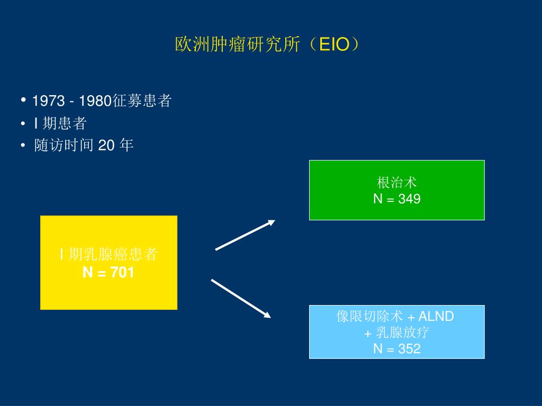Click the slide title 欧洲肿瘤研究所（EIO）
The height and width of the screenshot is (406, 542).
pos(270,44)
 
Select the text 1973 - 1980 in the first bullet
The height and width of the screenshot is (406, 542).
pos(71,101)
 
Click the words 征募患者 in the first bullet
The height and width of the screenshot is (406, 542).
pos(141,101)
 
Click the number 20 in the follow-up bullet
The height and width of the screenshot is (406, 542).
pos(106,145)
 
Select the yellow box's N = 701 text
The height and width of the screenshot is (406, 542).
pos(109,272)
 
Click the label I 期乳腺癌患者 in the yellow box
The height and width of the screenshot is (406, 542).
pos(109,255)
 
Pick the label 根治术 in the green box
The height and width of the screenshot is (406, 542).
pos(397,183)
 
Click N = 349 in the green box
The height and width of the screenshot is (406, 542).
pos(397,199)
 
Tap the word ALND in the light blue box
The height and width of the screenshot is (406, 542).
pos(436,317)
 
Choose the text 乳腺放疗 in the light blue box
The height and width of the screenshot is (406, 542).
pos(402,333)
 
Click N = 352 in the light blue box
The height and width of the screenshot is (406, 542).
pos(397,348)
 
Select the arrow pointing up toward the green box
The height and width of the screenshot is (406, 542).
pos(245,234)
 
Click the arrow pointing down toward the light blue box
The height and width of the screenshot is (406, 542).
pos(241,299)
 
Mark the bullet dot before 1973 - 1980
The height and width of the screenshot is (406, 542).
pos(24,100)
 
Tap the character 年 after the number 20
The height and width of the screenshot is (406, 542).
pos(127,145)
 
